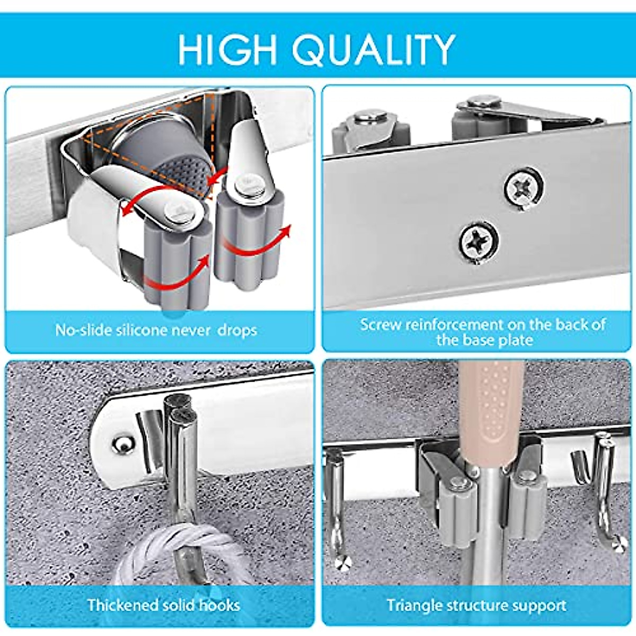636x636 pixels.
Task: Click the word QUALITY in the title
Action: (373, 49)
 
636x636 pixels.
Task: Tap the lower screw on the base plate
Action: (479, 242)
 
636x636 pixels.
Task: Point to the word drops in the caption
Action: (238, 330)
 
